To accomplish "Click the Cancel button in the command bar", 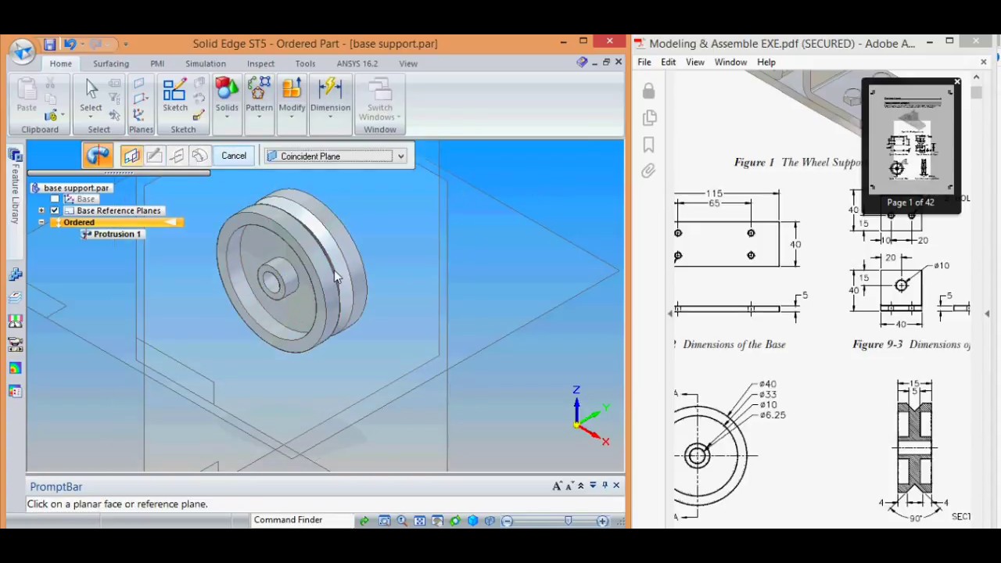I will click(233, 156).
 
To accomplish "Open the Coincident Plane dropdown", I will click(400, 156).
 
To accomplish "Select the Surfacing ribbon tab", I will click(111, 63).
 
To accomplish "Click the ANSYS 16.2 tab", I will click(357, 63).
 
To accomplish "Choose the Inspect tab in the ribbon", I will click(260, 63).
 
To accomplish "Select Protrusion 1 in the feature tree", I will click(117, 234).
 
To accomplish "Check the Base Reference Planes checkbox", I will click(55, 210).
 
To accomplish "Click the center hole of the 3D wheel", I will click(271, 282).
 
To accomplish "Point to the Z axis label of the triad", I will click(576, 389).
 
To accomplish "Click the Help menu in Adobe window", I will click(766, 62).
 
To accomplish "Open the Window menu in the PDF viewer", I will click(730, 62).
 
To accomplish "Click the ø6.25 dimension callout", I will click(772, 415).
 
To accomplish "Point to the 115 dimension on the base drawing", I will click(714, 193).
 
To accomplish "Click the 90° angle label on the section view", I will click(915, 518).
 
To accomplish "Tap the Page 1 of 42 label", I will click(910, 203).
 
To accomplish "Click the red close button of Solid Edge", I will click(609, 41).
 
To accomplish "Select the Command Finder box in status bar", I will click(288, 520).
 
